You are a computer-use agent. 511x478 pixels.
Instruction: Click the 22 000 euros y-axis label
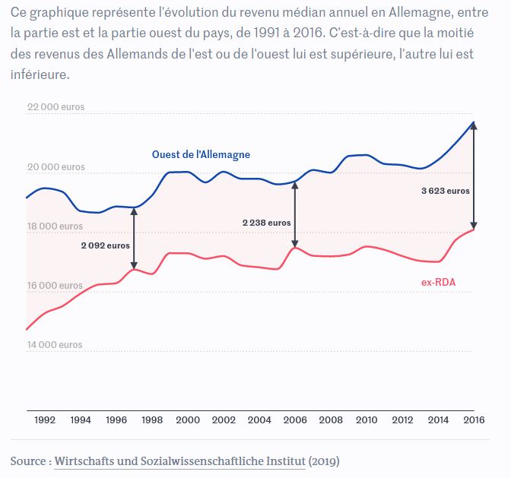[x=56, y=107]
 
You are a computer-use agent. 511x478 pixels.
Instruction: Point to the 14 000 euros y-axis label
[x=56, y=344]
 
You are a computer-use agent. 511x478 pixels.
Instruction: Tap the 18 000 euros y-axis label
[x=56, y=226]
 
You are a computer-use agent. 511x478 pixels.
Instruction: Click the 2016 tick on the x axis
[x=474, y=419]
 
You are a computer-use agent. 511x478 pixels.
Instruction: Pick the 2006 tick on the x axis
[x=295, y=419]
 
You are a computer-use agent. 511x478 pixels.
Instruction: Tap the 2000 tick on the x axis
[x=187, y=419]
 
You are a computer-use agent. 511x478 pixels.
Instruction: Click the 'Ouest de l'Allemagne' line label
[x=201, y=154]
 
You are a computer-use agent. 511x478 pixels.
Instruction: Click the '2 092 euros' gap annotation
[x=106, y=245]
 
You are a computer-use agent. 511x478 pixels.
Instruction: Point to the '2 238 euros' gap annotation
[x=266, y=223]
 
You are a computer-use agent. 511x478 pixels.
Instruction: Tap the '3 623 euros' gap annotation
[x=446, y=191]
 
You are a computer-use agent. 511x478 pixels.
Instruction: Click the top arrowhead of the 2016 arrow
[x=474, y=125]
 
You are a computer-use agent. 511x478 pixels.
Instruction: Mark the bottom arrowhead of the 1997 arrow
[x=134, y=265]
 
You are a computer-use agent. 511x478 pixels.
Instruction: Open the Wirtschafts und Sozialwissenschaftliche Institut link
[x=180, y=461]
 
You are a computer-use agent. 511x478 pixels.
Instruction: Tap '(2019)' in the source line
[x=324, y=461]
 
